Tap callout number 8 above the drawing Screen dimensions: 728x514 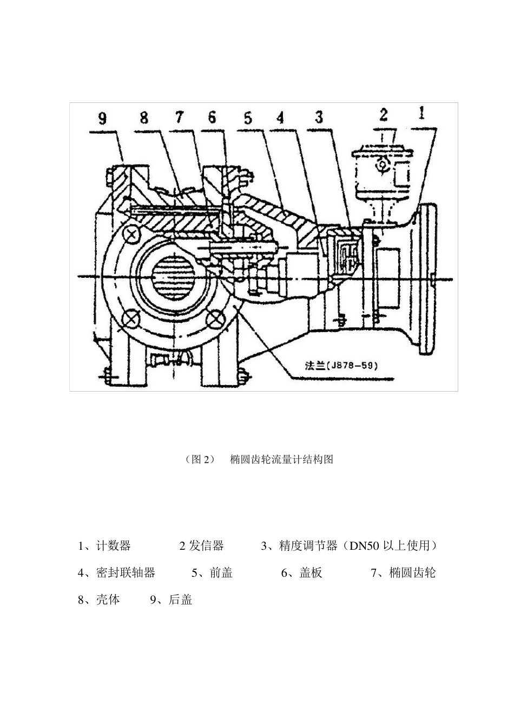click(x=144, y=118)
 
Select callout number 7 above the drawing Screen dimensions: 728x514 click(x=179, y=118)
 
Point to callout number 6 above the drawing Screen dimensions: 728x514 click(x=212, y=118)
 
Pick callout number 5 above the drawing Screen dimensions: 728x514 click(x=248, y=118)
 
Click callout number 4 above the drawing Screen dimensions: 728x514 click(x=280, y=118)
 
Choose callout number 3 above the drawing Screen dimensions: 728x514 click(x=319, y=117)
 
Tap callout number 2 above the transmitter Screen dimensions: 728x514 click(x=384, y=115)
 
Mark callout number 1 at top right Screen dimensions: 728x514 click(x=422, y=113)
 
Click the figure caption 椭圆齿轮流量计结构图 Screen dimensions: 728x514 click(x=281, y=459)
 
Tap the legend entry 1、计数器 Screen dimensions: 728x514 click(x=104, y=545)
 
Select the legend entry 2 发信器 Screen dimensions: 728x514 click(x=201, y=545)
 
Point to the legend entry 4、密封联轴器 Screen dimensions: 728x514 click(x=116, y=573)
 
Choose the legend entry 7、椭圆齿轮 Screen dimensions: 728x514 click(x=403, y=573)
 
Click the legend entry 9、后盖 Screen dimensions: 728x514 click(x=171, y=600)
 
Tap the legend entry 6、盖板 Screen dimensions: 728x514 click(x=301, y=573)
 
